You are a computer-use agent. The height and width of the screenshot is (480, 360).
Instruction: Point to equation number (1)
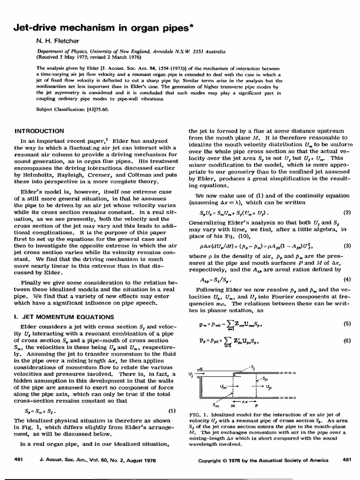click(172, 411)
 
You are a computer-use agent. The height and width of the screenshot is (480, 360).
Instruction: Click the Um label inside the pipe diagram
click(225, 387)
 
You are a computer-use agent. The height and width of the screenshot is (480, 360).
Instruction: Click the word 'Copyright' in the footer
click(213, 460)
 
